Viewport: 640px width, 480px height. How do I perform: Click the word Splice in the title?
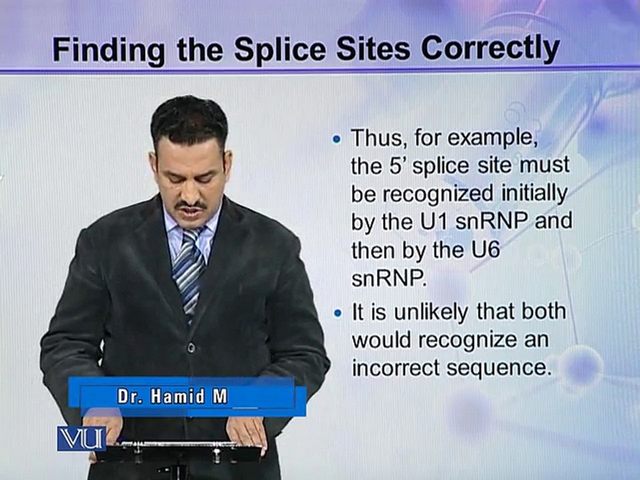[280, 50]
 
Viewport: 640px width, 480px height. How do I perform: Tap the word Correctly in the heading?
[490, 50]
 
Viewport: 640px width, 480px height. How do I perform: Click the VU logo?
[81, 439]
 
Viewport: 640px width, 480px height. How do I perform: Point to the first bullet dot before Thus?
[337, 139]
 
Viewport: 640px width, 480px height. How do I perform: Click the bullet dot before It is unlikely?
[337, 313]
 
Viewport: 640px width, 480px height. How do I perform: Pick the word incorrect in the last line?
[396, 367]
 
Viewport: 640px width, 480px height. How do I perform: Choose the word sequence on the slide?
[497, 368]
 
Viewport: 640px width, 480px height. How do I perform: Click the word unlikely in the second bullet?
[431, 313]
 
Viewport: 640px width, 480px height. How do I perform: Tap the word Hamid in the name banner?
[177, 396]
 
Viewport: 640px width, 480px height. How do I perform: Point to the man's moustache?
[191, 204]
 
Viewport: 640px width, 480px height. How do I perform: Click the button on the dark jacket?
[191, 347]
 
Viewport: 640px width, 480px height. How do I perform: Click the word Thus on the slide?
[379, 138]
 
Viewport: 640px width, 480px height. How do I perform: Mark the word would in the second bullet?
[382, 339]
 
